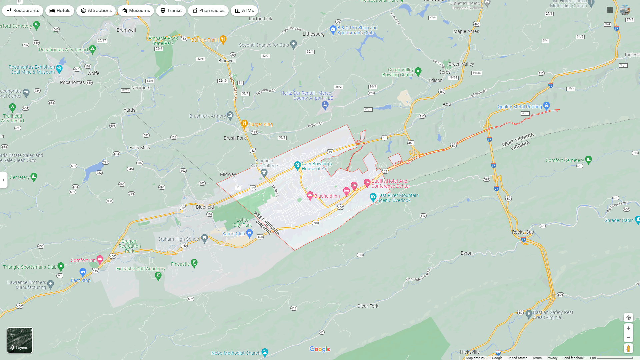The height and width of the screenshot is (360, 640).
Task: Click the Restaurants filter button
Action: click(x=23, y=11)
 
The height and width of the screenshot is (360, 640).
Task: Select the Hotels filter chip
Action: click(x=60, y=11)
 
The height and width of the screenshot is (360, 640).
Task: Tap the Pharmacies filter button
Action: click(x=208, y=11)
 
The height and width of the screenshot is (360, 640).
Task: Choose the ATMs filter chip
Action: click(x=244, y=11)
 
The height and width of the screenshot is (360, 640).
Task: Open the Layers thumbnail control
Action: click(x=20, y=340)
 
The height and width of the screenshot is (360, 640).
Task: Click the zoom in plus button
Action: click(x=628, y=328)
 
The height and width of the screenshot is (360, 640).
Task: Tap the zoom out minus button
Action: click(x=628, y=338)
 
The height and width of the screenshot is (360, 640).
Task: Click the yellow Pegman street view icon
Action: click(x=628, y=349)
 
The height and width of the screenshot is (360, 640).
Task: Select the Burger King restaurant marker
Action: click(x=244, y=124)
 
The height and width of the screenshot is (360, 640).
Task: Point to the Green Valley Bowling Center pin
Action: click(x=418, y=71)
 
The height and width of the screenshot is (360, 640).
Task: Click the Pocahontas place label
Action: click(x=72, y=82)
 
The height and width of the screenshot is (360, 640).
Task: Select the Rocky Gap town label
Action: click(x=523, y=232)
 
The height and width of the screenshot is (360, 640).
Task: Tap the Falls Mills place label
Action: click(x=140, y=148)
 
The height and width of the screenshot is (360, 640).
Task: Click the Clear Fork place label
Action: click(x=368, y=306)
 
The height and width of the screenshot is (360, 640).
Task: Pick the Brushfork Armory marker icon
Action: click(x=230, y=115)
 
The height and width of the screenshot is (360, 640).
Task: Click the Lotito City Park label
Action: click(x=242, y=222)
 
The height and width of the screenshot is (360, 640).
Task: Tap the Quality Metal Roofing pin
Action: click(x=546, y=106)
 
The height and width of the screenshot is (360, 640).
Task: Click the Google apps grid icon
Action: click(x=610, y=10)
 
